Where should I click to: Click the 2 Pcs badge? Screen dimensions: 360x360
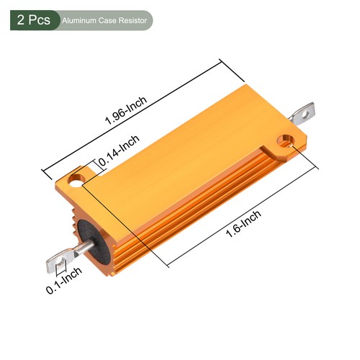(x=30, y=20)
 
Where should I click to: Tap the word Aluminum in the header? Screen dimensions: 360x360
(x=81, y=21)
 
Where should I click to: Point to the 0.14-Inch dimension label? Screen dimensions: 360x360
(x=117, y=153)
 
